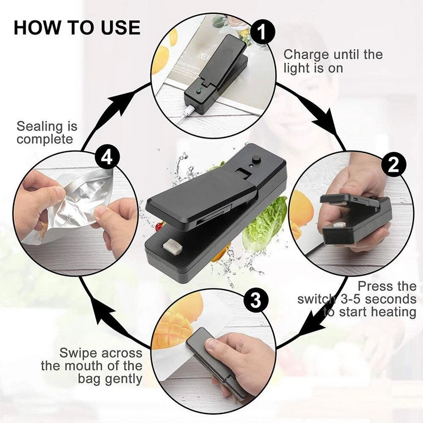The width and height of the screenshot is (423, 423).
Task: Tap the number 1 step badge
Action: pos(263,33)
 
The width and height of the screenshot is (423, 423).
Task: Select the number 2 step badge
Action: pos(392,165)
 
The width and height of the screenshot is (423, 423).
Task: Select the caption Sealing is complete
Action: pos(47,133)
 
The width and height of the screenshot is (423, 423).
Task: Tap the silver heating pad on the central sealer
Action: pos(172,246)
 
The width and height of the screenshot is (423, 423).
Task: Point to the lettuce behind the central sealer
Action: pos(264,222)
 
